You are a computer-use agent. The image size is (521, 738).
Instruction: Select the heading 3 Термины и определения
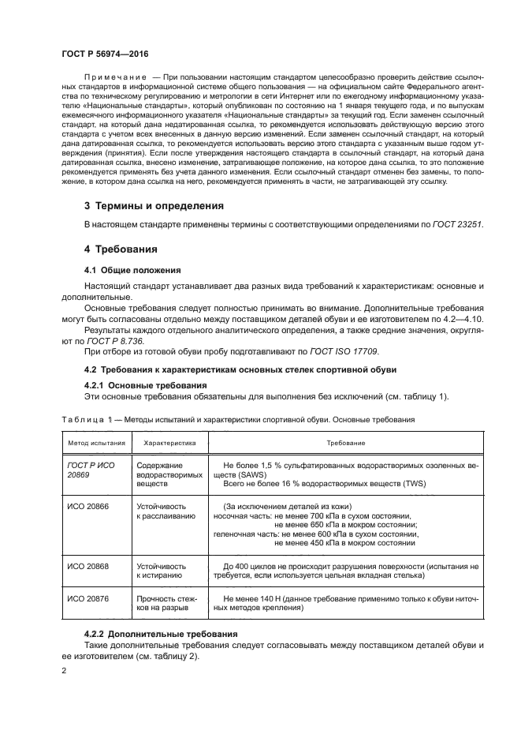pos(154,205)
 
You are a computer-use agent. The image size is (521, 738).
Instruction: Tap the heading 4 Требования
pos(121,249)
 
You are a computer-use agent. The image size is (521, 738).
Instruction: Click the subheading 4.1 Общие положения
pos(133,269)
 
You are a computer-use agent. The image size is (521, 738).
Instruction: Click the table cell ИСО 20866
pos(85,506)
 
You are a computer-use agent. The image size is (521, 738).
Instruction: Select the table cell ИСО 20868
pos(85,566)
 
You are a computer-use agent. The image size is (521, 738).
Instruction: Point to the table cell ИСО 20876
pos(85,599)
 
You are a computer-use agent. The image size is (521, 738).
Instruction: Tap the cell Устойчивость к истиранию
pos(162,571)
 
